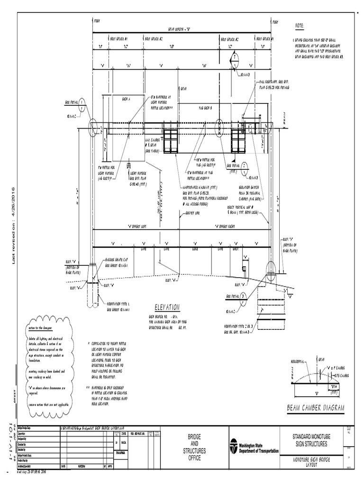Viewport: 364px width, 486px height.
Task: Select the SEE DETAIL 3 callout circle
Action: (x=243, y=297)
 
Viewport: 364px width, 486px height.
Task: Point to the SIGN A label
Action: (x=126, y=98)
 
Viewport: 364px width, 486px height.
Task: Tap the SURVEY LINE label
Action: (x=191, y=214)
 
